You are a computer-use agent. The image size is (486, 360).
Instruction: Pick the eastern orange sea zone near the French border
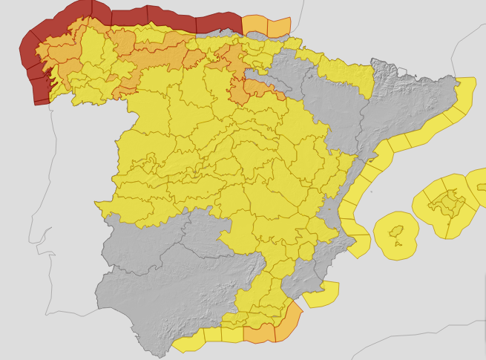click(x=278, y=27)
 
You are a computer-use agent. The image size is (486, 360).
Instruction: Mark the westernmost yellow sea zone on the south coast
click(x=189, y=343)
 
